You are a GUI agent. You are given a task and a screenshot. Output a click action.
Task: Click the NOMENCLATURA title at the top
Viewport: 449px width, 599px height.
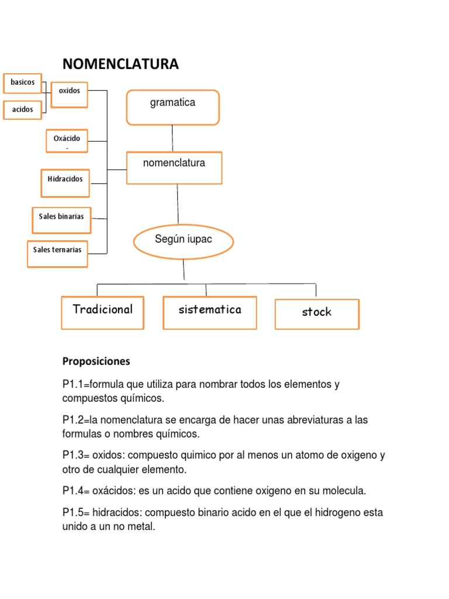(120, 64)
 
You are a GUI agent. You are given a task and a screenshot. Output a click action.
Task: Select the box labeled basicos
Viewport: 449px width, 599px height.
(22, 82)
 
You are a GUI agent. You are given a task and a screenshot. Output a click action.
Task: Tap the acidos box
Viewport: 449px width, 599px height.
(23, 109)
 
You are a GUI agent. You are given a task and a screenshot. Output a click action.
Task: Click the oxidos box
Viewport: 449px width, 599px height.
(69, 94)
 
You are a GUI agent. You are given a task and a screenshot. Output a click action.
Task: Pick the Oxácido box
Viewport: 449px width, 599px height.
(67, 140)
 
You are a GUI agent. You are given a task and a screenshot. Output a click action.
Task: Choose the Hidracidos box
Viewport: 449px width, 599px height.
(65, 183)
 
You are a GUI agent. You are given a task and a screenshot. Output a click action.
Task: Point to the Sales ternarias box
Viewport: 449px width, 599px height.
(57, 253)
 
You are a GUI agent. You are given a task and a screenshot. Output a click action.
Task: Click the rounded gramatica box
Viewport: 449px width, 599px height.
(172, 107)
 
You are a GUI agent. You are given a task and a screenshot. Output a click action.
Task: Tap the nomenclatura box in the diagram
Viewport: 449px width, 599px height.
(174, 167)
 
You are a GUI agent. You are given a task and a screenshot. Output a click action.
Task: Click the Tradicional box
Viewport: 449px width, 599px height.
(102, 312)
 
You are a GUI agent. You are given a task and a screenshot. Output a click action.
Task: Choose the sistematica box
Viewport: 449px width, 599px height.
(210, 312)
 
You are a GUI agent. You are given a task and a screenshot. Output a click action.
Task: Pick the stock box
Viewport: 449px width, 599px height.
(317, 314)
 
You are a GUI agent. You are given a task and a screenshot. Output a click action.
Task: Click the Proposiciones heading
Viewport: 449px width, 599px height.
(96, 362)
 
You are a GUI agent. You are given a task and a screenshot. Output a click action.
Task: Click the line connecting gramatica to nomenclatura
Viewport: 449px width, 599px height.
(172, 138)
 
